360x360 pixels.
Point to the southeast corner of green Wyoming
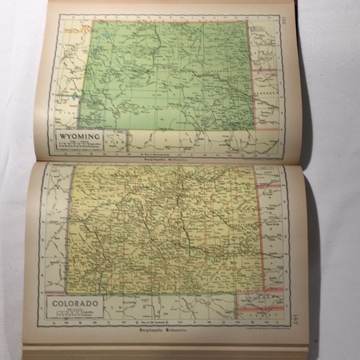click(254, 129)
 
